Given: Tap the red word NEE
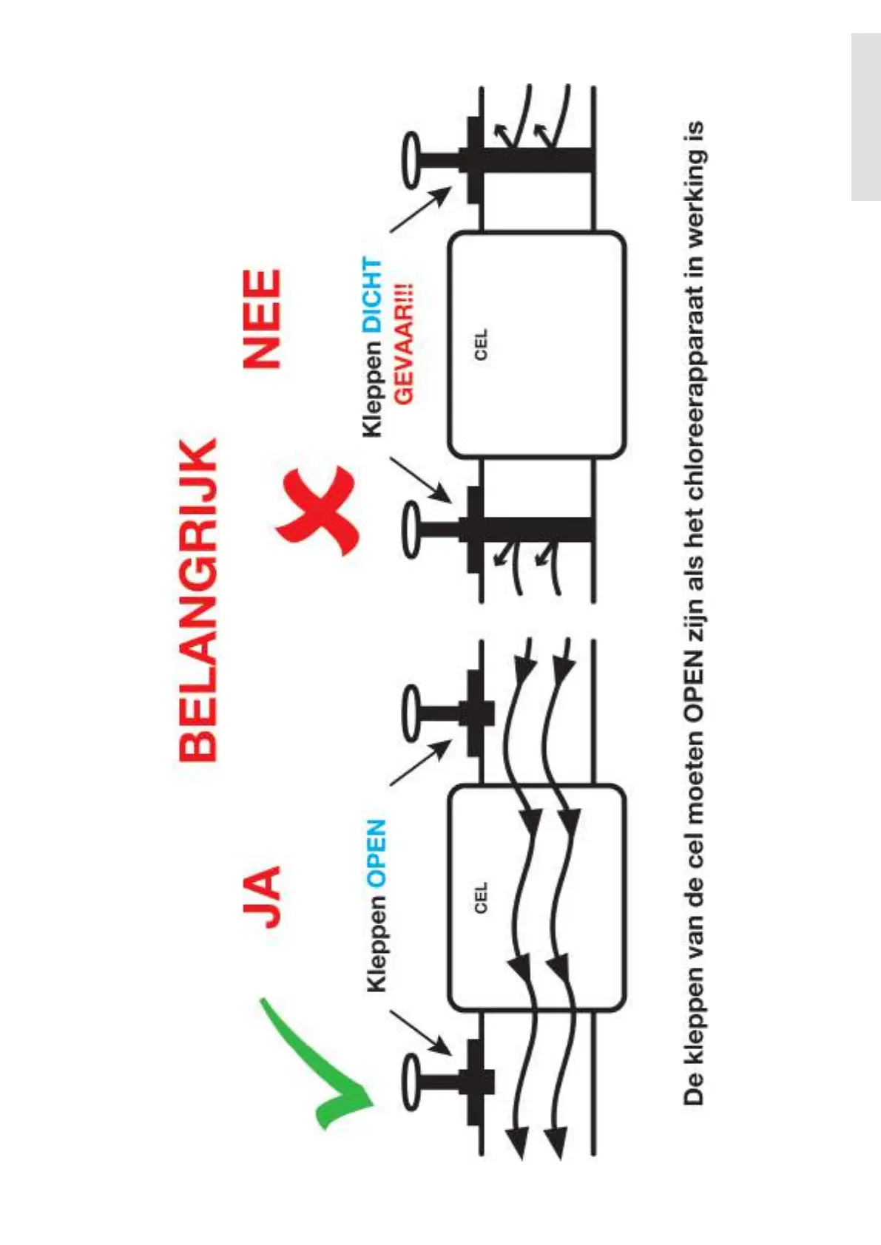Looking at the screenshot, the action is (263, 319).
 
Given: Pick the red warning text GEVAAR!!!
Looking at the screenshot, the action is (404, 345).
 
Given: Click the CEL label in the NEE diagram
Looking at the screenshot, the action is (482, 345).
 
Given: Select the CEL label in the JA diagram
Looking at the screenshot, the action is (482, 898).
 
